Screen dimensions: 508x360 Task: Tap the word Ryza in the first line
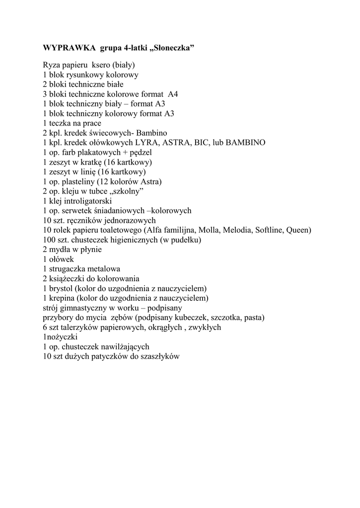point(52,65)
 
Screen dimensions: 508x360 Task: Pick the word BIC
point(203,142)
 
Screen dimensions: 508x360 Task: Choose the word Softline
point(269,230)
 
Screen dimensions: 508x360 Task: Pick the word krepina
point(62,298)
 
